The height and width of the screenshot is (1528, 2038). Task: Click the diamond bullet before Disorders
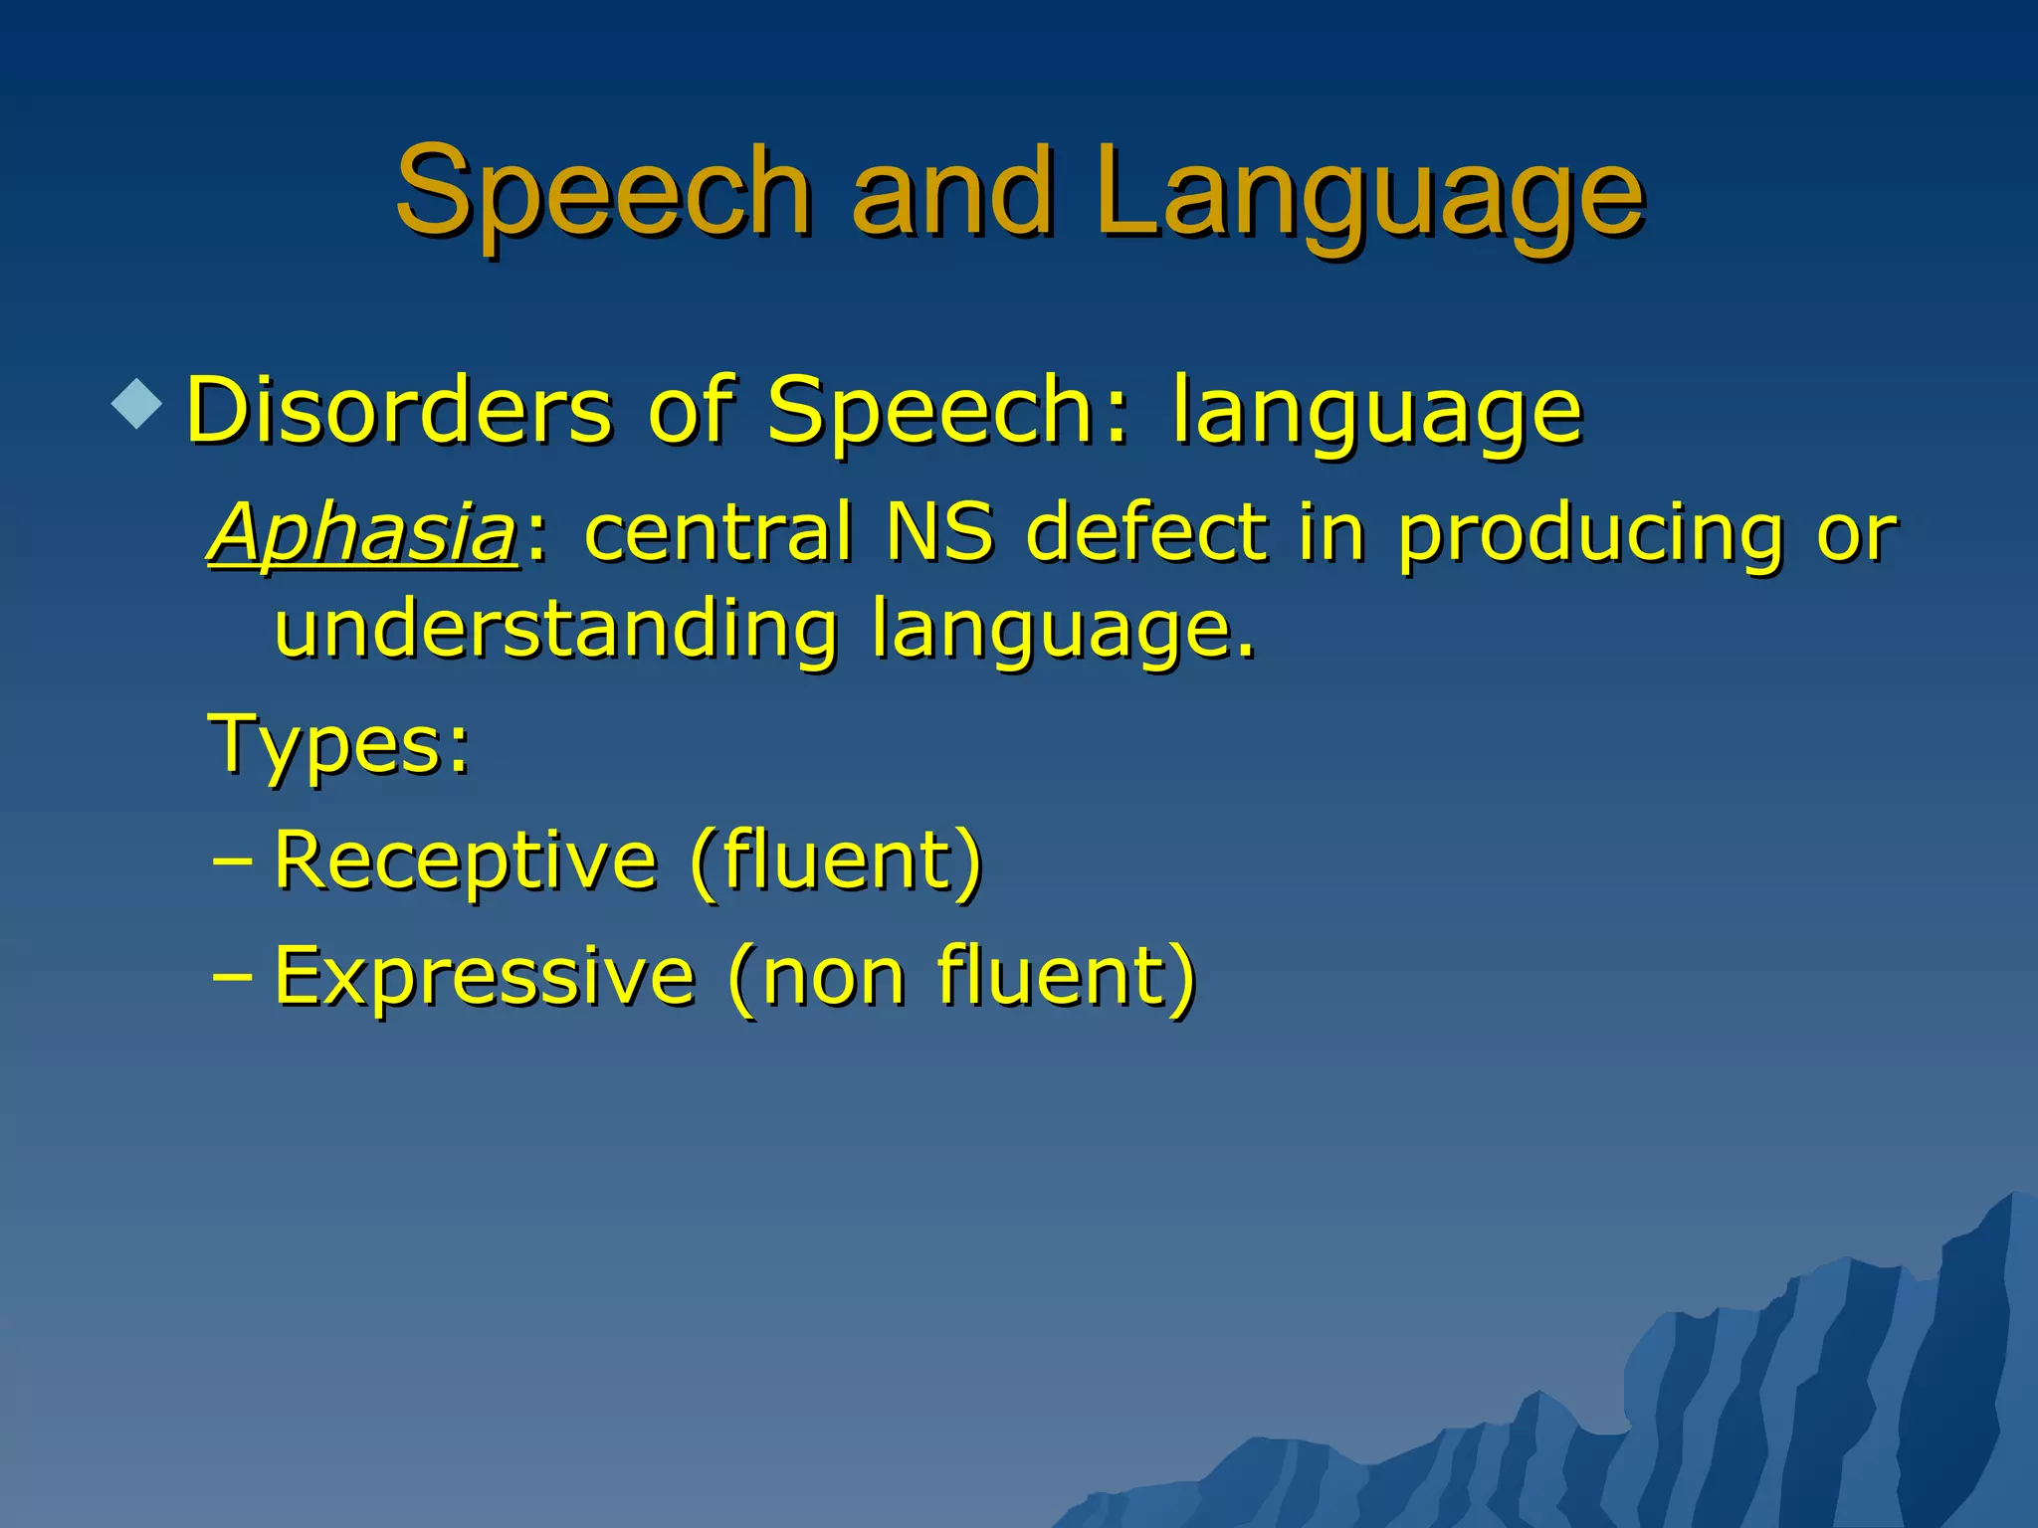pyautogui.click(x=136, y=404)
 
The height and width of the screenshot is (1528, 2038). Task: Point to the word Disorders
pyautogui.click(x=399, y=410)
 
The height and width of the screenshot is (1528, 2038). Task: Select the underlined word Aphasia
pyautogui.click(x=363, y=532)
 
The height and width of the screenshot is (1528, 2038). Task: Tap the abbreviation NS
pyautogui.click(x=938, y=532)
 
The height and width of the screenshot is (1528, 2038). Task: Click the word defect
pyautogui.click(x=1146, y=532)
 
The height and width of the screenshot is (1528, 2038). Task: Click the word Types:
pyautogui.click(x=339, y=745)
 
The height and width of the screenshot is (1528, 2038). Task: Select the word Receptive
pyautogui.click(x=466, y=860)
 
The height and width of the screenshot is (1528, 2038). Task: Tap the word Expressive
pyautogui.click(x=484, y=976)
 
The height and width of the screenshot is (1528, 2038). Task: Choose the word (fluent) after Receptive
pyautogui.click(x=836, y=860)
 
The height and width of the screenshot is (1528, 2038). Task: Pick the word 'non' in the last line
pyautogui.click(x=834, y=978)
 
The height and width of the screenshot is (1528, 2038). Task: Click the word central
pyautogui.click(x=718, y=532)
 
